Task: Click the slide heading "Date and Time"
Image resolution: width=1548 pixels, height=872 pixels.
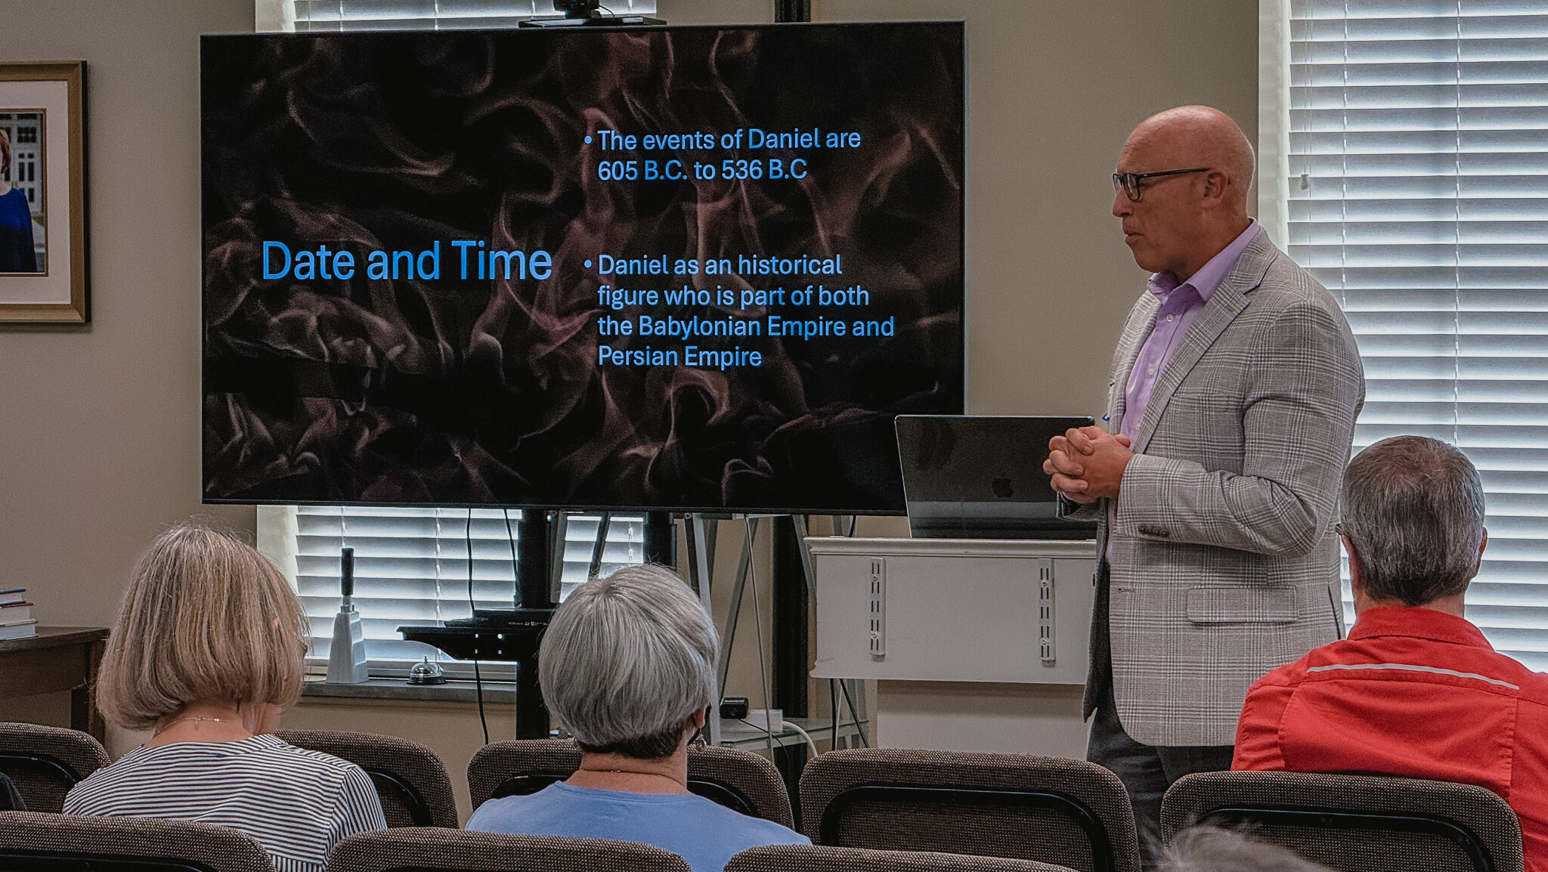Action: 407,261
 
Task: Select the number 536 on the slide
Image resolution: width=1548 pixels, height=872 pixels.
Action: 741,170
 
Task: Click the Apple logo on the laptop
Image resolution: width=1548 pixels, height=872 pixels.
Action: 1002,485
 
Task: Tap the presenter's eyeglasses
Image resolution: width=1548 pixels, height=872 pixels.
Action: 1156,182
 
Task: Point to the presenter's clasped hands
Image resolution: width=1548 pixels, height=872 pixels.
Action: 1085,462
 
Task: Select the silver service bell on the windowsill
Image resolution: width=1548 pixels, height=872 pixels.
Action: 426,671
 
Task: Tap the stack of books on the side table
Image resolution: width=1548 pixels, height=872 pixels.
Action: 17,614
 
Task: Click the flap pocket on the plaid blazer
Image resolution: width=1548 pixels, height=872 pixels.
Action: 1241,605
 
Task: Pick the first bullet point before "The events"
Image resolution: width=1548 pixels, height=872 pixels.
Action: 587,141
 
